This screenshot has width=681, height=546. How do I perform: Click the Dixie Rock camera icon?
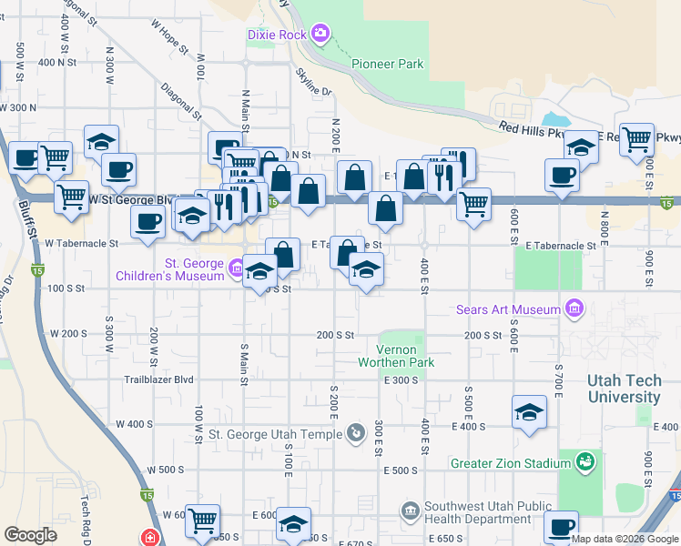[320, 35]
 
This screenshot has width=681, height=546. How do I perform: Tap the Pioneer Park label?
[388, 65]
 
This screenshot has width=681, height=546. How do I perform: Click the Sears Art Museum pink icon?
[574, 310]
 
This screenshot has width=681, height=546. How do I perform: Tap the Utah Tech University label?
[624, 389]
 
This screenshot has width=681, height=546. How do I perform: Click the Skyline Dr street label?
[314, 83]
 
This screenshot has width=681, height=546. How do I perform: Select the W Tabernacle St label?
[81, 244]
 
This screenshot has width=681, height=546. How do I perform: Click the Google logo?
[30, 535]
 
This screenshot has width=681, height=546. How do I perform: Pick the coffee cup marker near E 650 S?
[561, 528]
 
